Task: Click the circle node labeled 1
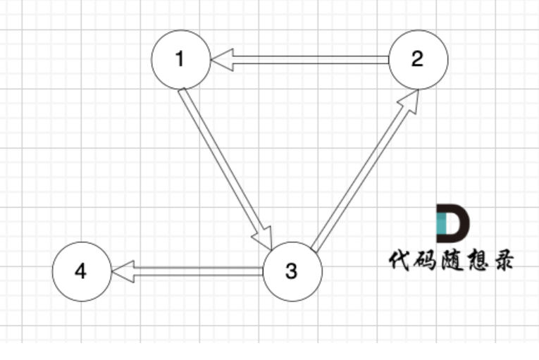[180, 60]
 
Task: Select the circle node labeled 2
[418, 60]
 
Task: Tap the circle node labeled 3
[292, 271]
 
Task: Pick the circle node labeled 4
[81, 271]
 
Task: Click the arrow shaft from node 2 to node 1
[310, 60]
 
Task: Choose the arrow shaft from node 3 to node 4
[197, 271]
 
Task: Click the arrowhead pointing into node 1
[221, 60]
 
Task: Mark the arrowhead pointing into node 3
[265, 237]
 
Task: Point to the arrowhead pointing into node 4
[123, 271]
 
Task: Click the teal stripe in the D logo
[442, 224]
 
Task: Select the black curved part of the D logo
[458, 224]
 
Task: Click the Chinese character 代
[401, 260]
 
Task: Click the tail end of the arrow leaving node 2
[385, 60]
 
